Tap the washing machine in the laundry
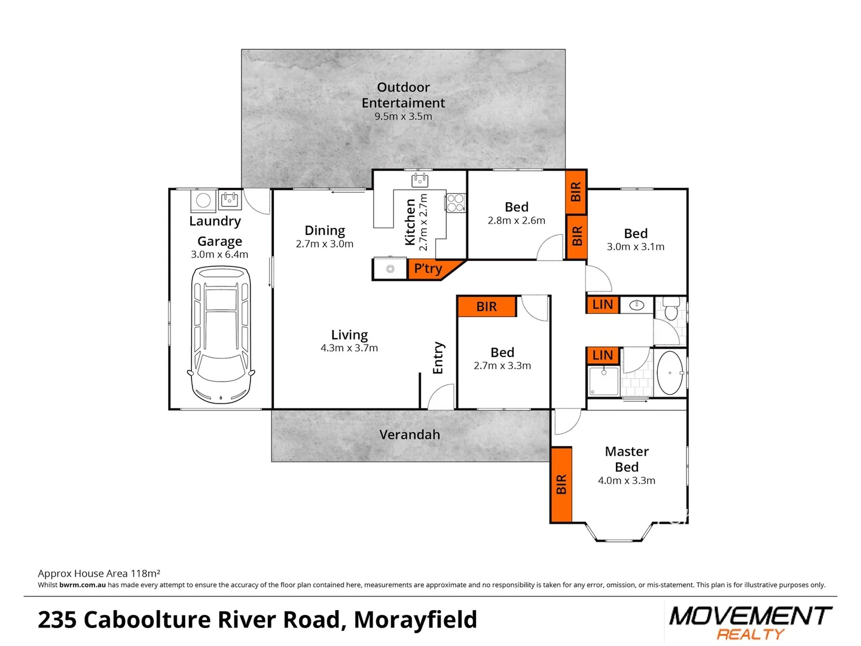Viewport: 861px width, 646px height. click(x=203, y=200)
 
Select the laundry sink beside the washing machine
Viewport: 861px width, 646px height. click(x=230, y=199)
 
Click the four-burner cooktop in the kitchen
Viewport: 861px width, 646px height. click(x=456, y=203)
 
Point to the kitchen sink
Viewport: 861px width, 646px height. click(x=420, y=179)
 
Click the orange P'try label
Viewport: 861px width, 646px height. click(x=429, y=269)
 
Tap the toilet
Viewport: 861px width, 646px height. click(x=671, y=309)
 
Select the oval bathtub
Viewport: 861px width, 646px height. click(x=670, y=373)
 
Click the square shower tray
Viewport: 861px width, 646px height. click(x=603, y=382)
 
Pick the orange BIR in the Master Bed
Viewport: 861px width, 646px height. click(x=561, y=484)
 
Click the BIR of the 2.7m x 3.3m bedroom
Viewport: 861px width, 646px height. click(x=487, y=307)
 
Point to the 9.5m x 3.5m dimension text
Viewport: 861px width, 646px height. click(x=403, y=117)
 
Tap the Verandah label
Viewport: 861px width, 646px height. click(x=410, y=435)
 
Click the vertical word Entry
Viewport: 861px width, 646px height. click(x=438, y=358)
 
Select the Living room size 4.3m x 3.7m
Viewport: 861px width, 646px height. click(x=349, y=348)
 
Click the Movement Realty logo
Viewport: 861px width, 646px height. click(x=750, y=622)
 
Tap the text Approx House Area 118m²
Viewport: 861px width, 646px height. click(x=99, y=573)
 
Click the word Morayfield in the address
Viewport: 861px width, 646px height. click(x=416, y=620)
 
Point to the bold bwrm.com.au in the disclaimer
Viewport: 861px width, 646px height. click(x=83, y=585)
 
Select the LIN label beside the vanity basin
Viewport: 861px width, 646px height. click(x=602, y=304)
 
